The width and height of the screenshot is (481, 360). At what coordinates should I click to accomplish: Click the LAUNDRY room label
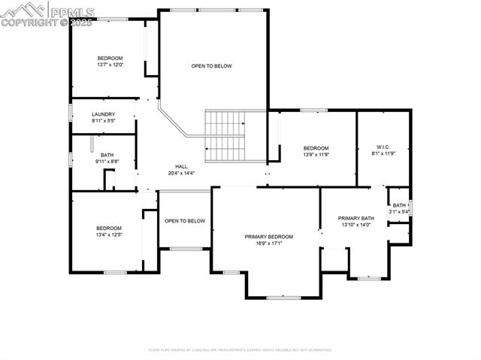click(103, 114)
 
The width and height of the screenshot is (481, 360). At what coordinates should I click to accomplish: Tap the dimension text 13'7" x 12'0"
click(110, 65)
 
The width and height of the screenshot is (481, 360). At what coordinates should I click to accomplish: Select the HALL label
click(181, 167)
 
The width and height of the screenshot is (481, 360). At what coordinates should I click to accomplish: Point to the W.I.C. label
click(382, 147)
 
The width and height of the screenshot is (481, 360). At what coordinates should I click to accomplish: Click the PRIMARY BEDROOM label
click(268, 237)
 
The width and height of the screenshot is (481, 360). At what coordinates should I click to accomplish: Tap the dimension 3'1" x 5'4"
click(399, 211)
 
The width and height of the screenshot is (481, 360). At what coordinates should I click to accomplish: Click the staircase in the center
click(226, 135)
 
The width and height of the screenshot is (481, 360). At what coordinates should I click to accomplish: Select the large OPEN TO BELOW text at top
click(211, 66)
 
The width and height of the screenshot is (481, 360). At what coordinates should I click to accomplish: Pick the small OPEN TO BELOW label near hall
click(185, 221)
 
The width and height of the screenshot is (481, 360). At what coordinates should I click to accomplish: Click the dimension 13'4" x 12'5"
click(108, 234)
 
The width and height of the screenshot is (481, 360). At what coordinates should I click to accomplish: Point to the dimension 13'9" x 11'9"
click(316, 154)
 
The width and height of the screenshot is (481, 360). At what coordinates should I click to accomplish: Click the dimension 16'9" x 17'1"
click(268, 243)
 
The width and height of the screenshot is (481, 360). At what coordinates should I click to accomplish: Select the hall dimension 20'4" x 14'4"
click(181, 173)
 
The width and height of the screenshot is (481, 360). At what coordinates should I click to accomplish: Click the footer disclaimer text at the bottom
click(240, 349)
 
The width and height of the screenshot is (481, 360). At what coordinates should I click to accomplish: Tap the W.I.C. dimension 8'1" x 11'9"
click(383, 154)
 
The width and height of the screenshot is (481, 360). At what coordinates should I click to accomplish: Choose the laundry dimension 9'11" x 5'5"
click(103, 120)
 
